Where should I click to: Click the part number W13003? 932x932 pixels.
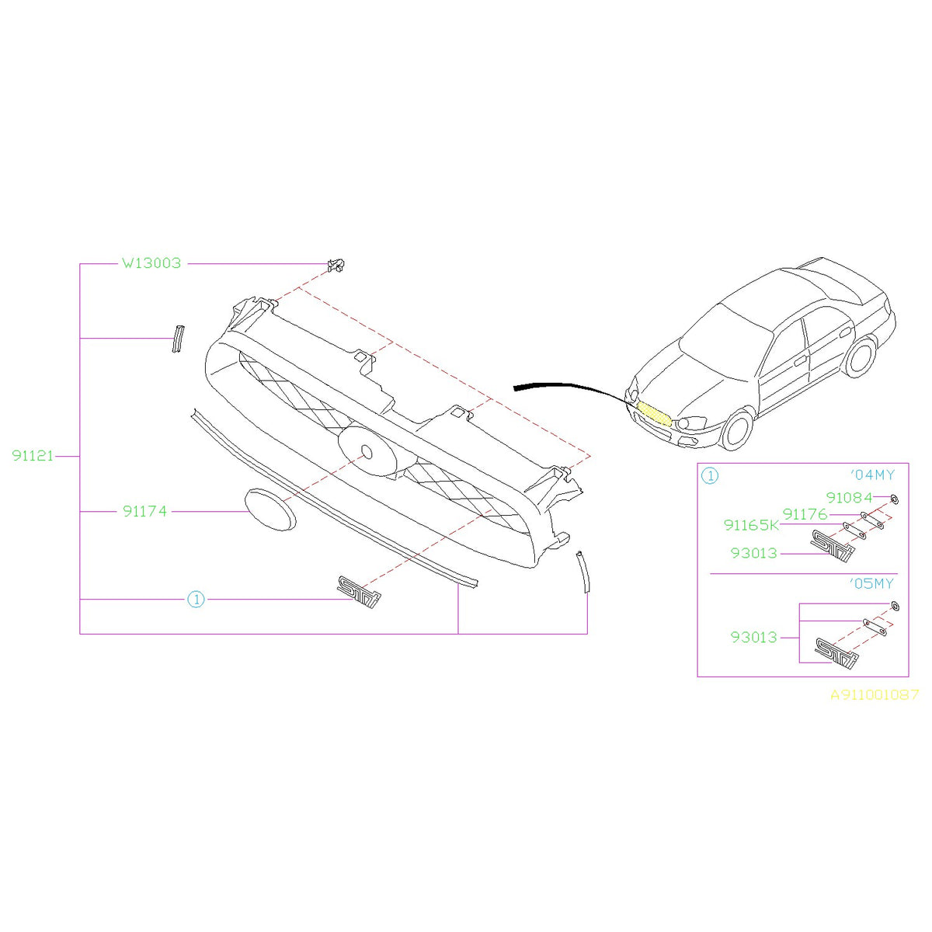tap(151, 263)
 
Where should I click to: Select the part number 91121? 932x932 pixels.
tap(33, 456)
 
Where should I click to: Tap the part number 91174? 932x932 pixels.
tap(144, 512)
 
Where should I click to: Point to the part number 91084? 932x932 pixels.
tap(849, 498)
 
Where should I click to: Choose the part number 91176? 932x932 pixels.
tap(805, 514)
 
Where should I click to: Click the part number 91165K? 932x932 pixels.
tap(751, 526)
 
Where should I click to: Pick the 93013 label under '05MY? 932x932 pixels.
tap(753, 638)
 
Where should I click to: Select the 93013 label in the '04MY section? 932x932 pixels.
tap(753, 554)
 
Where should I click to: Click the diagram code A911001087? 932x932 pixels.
tap(875, 695)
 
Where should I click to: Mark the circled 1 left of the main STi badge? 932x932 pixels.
tap(196, 600)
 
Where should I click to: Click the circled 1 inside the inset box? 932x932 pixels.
tap(710, 476)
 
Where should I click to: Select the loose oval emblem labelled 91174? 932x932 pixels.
tap(270, 510)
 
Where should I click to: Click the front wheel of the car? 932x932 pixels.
tap(737, 430)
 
